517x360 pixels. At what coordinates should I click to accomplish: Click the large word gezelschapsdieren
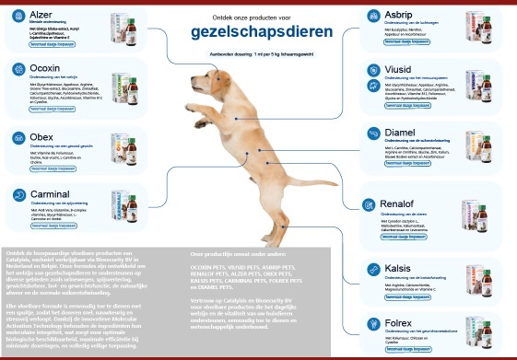[258, 32]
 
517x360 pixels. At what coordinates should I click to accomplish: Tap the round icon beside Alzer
[18, 17]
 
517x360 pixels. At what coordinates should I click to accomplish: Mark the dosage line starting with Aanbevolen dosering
[258, 53]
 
